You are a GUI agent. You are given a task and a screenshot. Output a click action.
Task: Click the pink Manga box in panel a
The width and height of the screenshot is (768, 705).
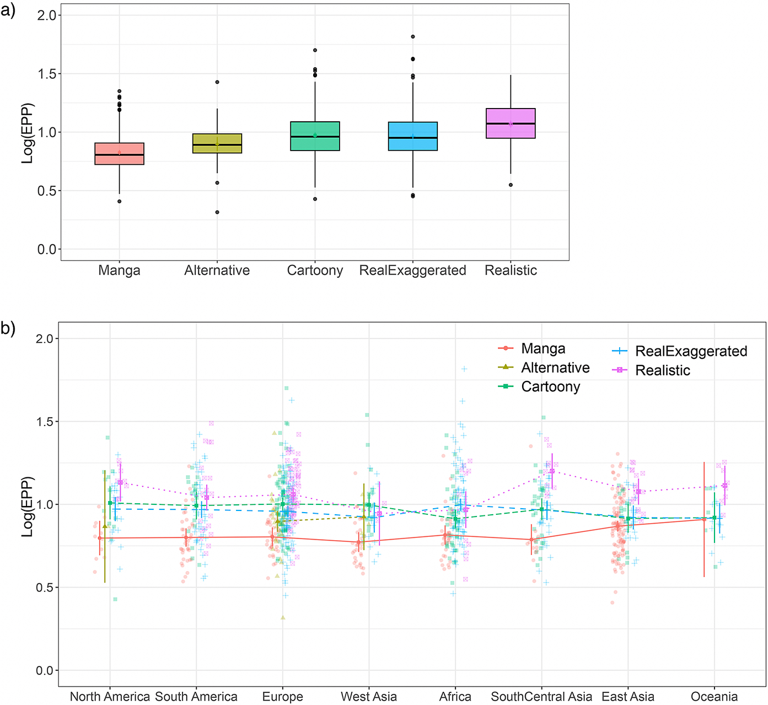point(119,154)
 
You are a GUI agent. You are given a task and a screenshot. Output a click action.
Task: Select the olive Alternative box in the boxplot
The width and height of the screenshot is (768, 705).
point(217,143)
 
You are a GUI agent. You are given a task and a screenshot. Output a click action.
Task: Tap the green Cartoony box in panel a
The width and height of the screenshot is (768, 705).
point(315,136)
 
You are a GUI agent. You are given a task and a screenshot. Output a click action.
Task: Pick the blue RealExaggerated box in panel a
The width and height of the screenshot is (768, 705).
point(413,136)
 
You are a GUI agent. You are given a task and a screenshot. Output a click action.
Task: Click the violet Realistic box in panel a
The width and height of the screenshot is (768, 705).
point(511,123)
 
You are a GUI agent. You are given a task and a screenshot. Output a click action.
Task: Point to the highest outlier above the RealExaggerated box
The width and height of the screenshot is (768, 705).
point(413,37)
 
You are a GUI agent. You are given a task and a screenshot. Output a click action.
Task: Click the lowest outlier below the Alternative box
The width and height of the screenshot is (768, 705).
point(217,212)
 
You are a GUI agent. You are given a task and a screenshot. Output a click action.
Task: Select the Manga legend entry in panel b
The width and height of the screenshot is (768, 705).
point(543,349)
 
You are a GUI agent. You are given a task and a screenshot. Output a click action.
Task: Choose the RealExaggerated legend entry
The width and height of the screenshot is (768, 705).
point(691,351)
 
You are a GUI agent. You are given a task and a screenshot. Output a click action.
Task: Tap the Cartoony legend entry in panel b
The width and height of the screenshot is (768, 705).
point(550,387)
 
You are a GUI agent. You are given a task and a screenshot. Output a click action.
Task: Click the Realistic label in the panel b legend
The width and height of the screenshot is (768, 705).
point(662,370)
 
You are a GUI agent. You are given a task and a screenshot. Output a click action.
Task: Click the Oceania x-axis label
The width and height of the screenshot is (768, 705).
point(714,697)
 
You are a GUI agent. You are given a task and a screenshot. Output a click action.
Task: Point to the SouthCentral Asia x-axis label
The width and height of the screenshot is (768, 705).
point(541,697)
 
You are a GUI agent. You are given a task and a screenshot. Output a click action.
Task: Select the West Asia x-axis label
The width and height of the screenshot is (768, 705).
point(369,697)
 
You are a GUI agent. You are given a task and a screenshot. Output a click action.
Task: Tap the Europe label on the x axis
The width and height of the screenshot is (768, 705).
point(282,697)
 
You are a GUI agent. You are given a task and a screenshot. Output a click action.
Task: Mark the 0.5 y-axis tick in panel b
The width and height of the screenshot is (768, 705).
point(44,588)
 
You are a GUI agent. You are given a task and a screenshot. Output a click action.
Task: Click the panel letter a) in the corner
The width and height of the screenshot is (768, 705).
point(8,10)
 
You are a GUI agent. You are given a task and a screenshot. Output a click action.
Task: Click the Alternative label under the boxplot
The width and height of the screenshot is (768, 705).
point(217,271)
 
